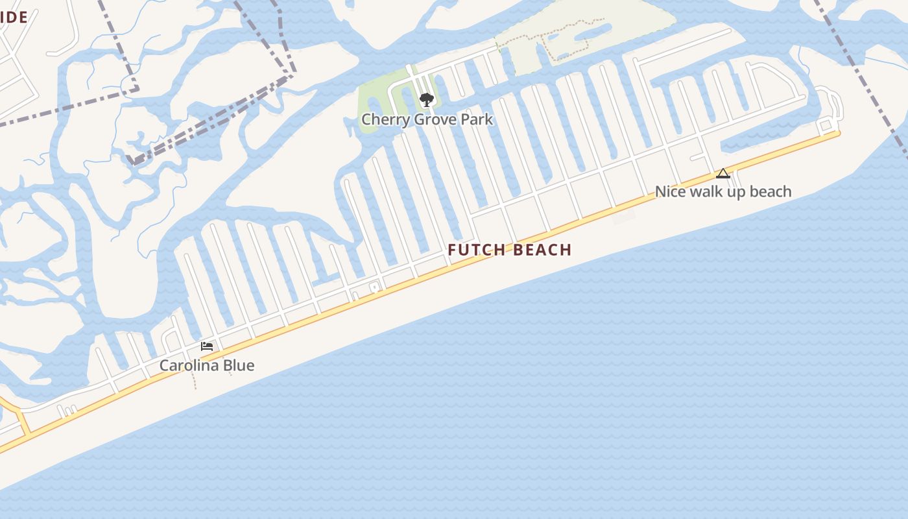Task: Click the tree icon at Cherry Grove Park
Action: [426, 100]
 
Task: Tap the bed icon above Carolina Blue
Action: [207, 346]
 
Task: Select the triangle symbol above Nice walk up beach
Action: [723, 173]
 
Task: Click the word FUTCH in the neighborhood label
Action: [477, 250]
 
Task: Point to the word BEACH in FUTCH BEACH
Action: [543, 250]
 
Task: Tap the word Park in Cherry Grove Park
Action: [476, 119]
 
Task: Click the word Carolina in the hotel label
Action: [190, 365]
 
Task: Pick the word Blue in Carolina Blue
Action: [239, 365]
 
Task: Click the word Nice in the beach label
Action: [670, 191]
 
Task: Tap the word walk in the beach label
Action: [707, 191]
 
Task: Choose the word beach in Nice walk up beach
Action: [769, 191]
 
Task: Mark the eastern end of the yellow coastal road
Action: [837, 134]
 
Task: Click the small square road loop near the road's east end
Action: [826, 125]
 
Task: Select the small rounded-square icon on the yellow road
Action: [374, 287]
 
